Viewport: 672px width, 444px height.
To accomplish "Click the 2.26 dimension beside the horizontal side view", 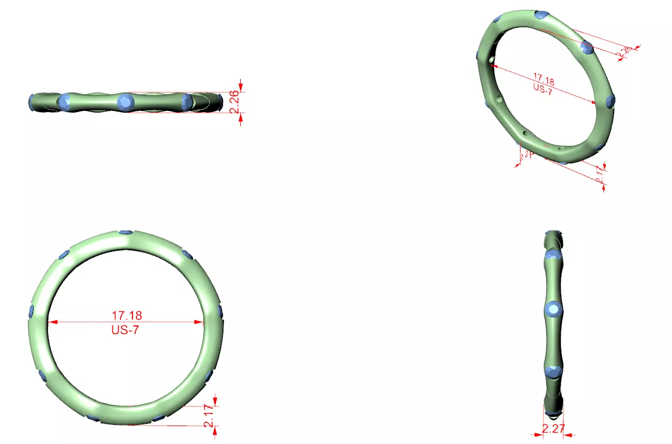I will coord(234,102).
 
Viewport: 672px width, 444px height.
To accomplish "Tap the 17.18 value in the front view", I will coord(126,315).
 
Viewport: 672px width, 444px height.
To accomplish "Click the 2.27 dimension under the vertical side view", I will coord(553,429).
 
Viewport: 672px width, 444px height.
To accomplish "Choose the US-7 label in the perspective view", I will coord(542,90).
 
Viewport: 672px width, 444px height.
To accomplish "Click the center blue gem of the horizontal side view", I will coord(126,101).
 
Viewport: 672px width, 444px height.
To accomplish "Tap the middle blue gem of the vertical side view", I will coord(554,310).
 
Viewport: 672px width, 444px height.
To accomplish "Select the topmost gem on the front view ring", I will coord(125,232).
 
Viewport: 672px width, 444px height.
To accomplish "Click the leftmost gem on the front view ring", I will coord(31,311).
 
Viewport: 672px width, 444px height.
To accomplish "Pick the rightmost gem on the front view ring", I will coord(220,311).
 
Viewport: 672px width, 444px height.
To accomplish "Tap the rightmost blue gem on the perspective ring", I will coord(610,100).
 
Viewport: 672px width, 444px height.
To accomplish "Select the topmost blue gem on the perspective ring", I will coord(541,15).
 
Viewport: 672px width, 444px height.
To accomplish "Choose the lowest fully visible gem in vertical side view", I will coord(554,372).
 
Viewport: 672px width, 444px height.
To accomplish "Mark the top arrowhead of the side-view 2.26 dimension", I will coord(240,87).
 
